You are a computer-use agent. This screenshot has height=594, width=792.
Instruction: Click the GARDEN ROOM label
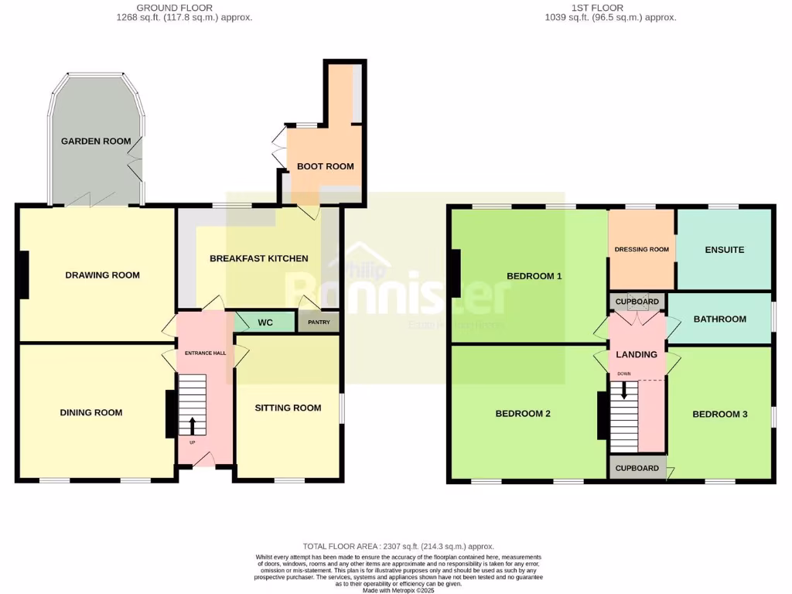pyautogui.click(x=96, y=142)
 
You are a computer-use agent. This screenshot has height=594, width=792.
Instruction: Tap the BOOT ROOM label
pyautogui.click(x=325, y=166)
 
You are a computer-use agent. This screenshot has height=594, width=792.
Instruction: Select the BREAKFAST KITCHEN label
pyautogui.click(x=259, y=258)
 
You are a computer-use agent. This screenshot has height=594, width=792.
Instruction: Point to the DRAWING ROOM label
pyautogui.click(x=102, y=275)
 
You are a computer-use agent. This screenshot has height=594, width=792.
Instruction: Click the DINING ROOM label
pyautogui.click(x=91, y=413)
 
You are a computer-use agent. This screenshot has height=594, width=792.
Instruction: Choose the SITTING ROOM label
pyautogui.click(x=288, y=408)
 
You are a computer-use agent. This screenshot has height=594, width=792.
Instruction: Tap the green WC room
pyautogui.click(x=265, y=323)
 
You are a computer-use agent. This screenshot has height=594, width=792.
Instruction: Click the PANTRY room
pyautogui.click(x=319, y=323)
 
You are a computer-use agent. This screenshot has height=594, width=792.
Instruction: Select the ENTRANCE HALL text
pyautogui.click(x=204, y=353)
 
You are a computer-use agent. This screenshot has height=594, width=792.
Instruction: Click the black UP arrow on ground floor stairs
pyautogui.click(x=193, y=425)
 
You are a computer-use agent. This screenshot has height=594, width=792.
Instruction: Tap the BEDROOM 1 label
pyautogui.click(x=534, y=276)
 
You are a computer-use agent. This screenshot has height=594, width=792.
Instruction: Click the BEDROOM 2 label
pyautogui.click(x=523, y=414)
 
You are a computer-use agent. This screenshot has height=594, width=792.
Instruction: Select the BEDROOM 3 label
pyautogui.click(x=719, y=414)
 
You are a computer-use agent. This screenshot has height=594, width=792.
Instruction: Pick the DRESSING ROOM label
pyautogui.click(x=641, y=250)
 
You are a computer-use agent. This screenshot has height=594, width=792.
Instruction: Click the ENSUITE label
pyautogui.click(x=724, y=250)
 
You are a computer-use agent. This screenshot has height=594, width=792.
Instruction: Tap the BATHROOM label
pyautogui.click(x=719, y=319)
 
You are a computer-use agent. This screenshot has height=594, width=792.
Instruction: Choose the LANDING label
pyautogui.click(x=637, y=354)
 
